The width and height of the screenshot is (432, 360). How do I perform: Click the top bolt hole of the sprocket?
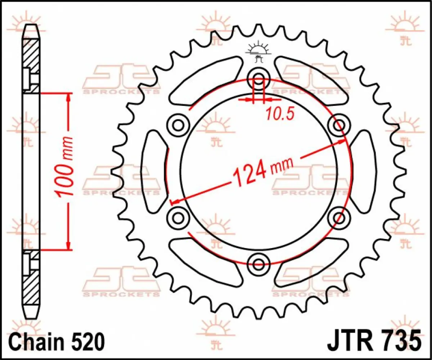tap(259, 76)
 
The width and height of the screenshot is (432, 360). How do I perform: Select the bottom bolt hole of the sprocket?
tap(259, 263)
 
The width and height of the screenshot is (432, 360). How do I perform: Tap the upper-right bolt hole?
tap(339, 125)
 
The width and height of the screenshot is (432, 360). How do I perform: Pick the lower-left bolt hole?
tap(178, 217)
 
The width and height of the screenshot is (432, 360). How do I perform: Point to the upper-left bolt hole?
tap(178, 125)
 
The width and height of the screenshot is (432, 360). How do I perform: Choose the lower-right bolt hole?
tap(339, 217)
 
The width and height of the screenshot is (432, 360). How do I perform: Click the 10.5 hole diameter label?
tap(280, 114)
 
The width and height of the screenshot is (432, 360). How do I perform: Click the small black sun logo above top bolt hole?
tap(258, 50)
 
